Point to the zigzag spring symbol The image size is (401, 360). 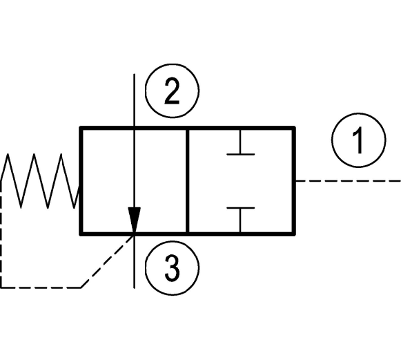(41, 181)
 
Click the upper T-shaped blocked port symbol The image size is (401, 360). (240, 142)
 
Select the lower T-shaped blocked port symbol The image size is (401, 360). (240, 220)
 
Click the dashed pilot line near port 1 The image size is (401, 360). (348, 181)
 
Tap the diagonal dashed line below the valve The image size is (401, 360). (108, 261)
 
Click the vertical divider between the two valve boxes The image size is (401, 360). (188, 181)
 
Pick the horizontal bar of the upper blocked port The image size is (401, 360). (240, 154)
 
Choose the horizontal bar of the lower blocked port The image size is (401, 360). (240, 208)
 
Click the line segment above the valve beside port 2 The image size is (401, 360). (135, 100)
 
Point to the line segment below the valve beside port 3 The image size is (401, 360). (135, 262)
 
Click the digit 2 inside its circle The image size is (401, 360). (172, 91)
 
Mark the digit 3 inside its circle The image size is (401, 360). (172, 268)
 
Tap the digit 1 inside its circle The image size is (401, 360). (358, 140)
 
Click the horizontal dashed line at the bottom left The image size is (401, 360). (41, 287)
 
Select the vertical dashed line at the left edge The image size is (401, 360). (1, 234)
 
